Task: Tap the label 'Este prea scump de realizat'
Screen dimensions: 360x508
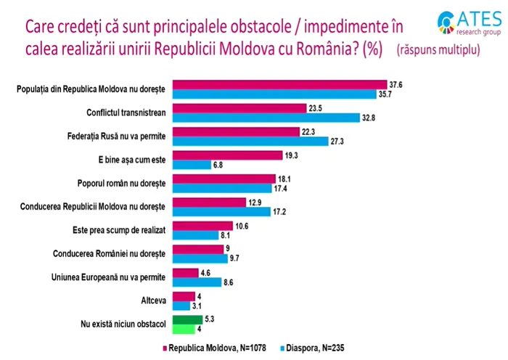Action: [x=120, y=230]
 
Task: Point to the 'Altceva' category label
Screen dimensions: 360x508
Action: [x=154, y=300]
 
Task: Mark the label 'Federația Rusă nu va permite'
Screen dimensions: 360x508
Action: [x=120, y=136]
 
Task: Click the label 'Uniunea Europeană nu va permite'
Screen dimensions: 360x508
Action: [x=112, y=277]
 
